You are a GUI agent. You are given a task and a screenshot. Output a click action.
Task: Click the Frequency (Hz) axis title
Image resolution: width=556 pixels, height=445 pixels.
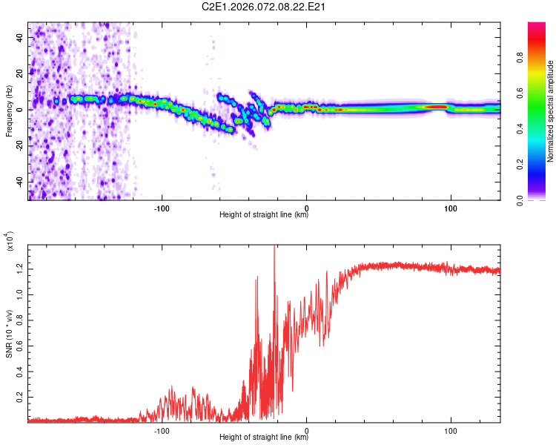(10, 112)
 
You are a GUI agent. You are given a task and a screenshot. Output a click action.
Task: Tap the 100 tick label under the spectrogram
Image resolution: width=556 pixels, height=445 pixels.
(451, 207)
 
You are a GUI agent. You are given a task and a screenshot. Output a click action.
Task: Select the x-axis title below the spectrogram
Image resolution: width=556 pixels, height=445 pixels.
(264, 215)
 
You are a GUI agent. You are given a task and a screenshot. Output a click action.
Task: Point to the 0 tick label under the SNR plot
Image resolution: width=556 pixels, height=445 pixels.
(307, 429)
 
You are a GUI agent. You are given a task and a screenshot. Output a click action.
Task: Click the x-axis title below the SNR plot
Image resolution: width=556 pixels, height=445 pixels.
(264, 437)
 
